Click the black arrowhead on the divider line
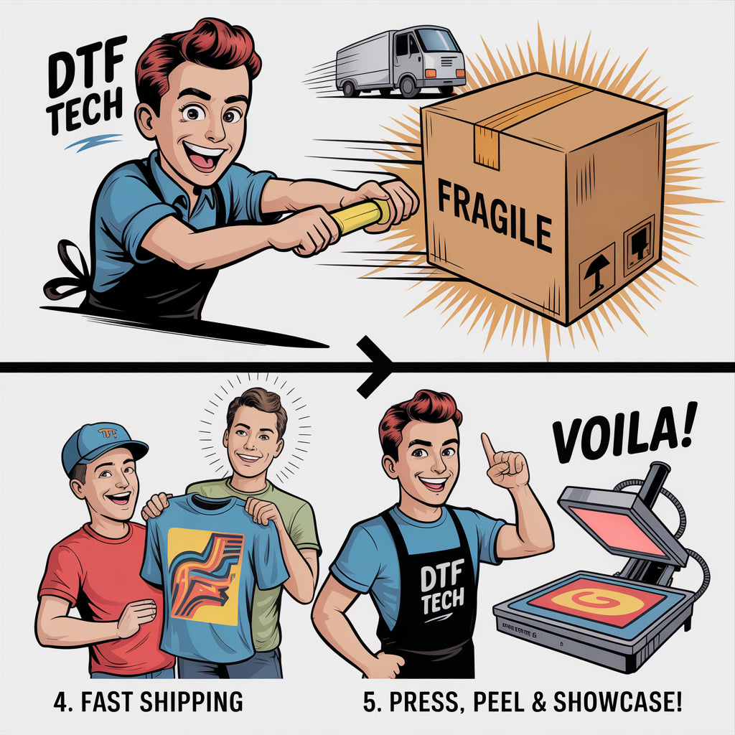[374, 367]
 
